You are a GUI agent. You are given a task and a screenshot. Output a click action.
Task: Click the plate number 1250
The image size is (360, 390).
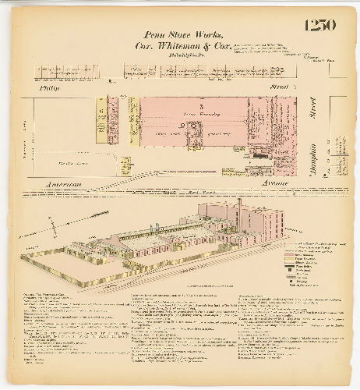point(320,25)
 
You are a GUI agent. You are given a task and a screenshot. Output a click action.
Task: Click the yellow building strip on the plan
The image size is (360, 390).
point(100,120)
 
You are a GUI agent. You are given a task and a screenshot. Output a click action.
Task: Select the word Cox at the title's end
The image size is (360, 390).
point(224,45)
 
